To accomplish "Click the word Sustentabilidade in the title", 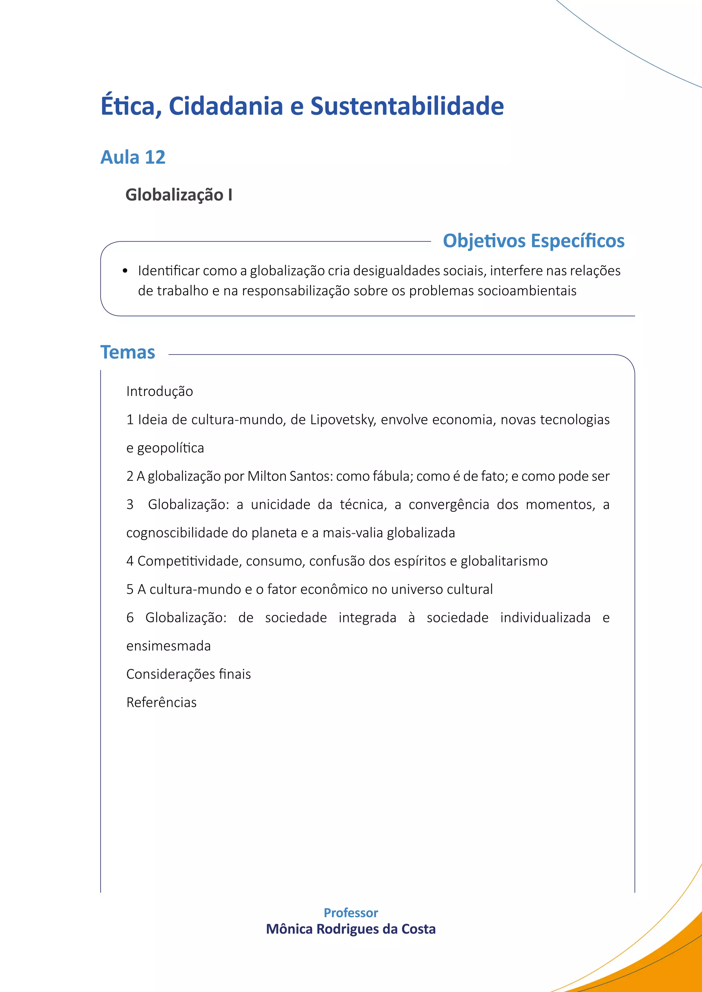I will [x=407, y=106].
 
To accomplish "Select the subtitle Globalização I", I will [x=179, y=195].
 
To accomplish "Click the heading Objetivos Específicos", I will [x=533, y=241].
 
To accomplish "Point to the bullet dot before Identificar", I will [x=125, y=271].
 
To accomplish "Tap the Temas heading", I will [x=128, y=352].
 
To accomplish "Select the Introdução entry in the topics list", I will [x=159, y=392].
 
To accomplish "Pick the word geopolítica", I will [x=170, y=448].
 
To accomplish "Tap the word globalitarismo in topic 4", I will [x=504, y=561].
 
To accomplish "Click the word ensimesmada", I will [x=169, y=646].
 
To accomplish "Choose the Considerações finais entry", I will [x=189, y=674].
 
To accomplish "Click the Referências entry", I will [x=161, y=703].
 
